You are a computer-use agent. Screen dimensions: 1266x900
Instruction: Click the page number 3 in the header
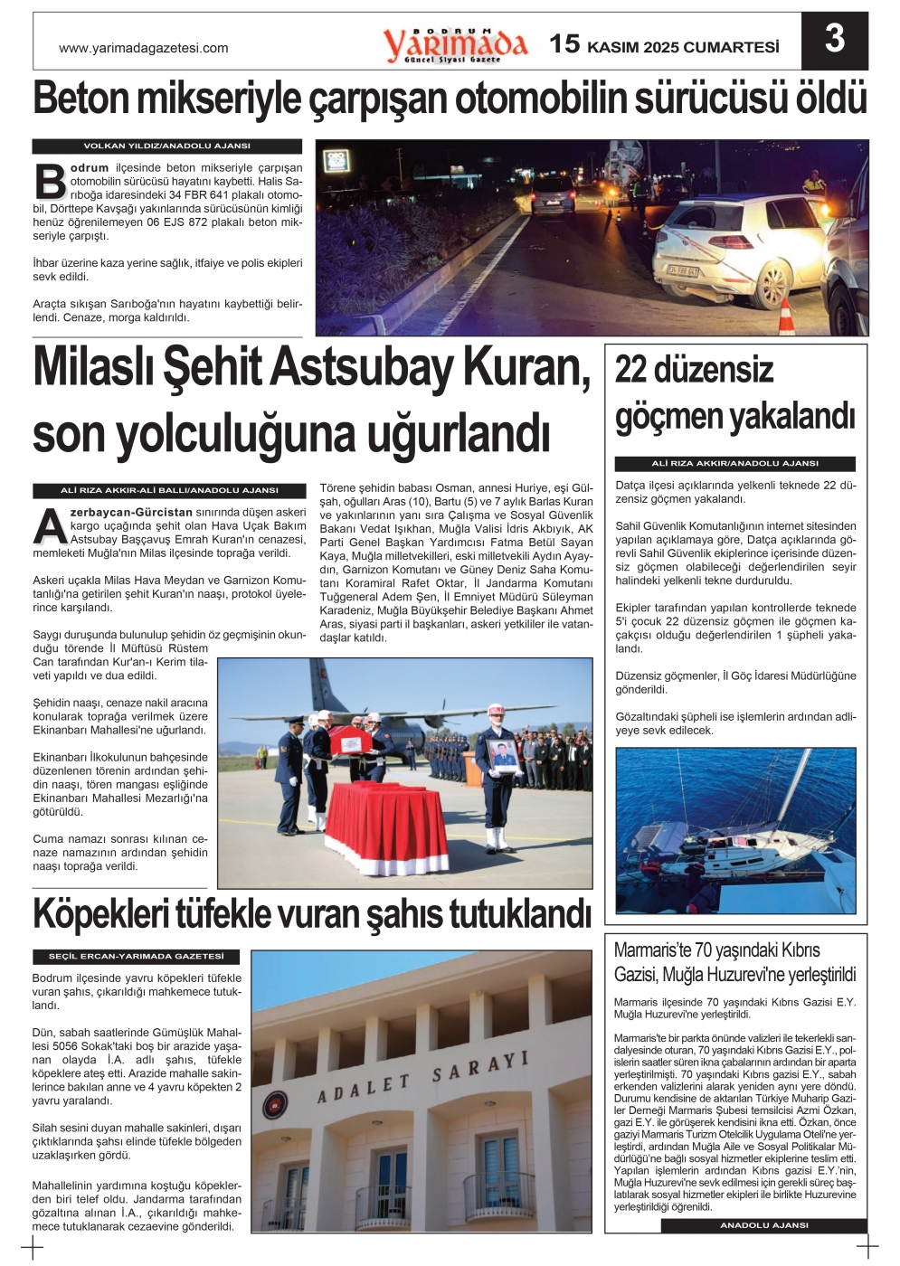[835, 40]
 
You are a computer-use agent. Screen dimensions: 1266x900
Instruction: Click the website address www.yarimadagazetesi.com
[143, 48]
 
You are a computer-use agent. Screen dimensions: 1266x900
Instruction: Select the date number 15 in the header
[564, 43]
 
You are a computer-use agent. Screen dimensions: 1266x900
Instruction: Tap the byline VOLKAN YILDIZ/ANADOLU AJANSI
[167, 146]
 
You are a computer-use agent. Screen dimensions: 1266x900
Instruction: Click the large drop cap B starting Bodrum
[51, 182]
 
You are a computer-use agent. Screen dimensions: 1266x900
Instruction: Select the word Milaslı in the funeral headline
[92, 368]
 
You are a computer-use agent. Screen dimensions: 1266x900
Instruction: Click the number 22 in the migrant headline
[631, 370]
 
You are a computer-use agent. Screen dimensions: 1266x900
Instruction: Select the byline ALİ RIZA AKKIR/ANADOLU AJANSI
[734, 463]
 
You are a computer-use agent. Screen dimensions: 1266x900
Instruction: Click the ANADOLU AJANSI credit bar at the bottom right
[763, 1225]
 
